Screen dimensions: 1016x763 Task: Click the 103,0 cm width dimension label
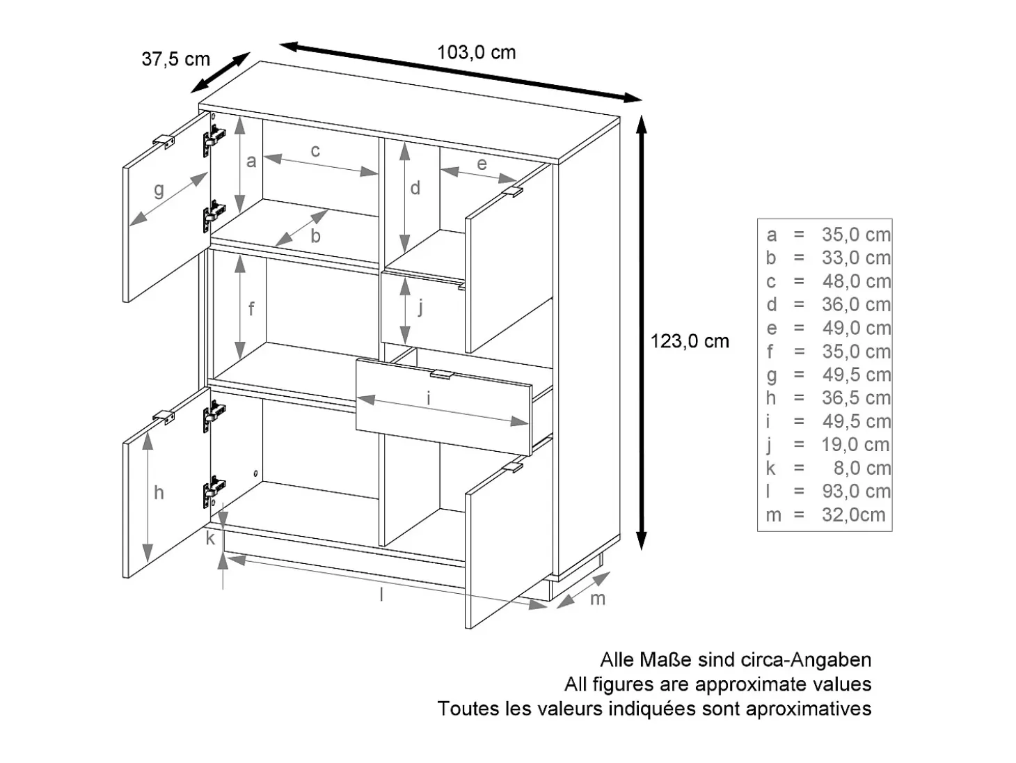pyautogui.click(x=476, y=53)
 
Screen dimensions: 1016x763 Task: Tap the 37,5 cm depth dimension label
pyautogui.click(x=176, y=59)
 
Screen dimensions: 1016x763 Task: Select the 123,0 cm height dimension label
pyautogui.click(x=690, y=341)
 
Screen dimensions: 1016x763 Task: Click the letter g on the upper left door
pyautogui.click(x=159, y=190)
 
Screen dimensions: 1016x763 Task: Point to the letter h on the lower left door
pyautogui.click(x=159, y=493)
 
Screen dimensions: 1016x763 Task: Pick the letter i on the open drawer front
pyautogui.click(x=429, y=398)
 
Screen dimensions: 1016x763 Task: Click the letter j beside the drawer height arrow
pyautogui.click(x=420, y=306)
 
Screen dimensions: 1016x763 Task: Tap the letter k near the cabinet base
pyautogui.click(x=210, y=538)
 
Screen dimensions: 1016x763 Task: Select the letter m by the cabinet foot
pyautogui.click(x=597, y=599)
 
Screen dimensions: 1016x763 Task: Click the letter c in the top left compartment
pyautogui.click(x=315, y=150)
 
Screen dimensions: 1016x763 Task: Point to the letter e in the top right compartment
pyautogui.click(x=482, y=164)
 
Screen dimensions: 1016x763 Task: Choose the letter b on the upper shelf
pyautogui.click(x=315, y=236)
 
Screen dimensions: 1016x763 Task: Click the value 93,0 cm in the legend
pyautogui.click(x=857, y=491)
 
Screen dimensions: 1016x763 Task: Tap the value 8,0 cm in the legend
pyautogui.click(x=862, y=468)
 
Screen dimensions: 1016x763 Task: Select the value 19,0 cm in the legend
pyautogui.click(x=856, y=444)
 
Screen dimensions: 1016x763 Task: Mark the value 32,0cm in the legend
pyautogui.click(x=854, y=514)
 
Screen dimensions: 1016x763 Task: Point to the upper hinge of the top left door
pyautogui.click(x=214, y=137)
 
